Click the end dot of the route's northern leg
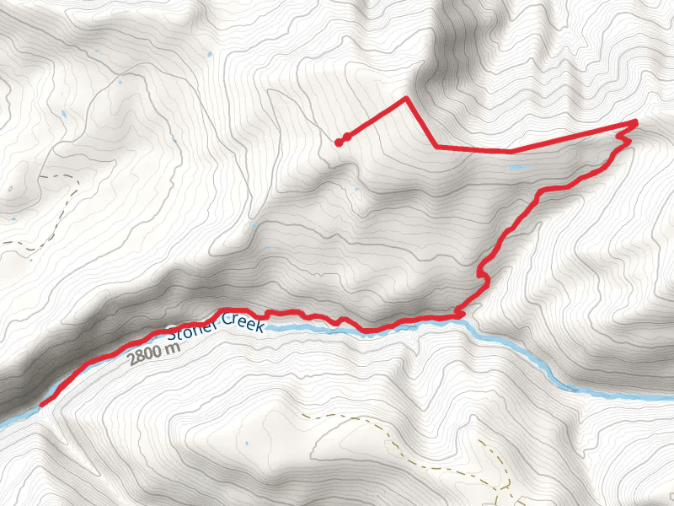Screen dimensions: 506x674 point(339,142)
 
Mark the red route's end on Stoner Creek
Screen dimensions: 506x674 point(41,405)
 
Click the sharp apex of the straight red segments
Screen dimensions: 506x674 point(406,98)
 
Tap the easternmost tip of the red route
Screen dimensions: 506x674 point(635,122)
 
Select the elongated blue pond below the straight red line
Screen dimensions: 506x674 point(518,167)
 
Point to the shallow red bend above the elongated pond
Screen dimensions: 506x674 point(510,152)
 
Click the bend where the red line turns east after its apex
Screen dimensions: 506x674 point(436,148)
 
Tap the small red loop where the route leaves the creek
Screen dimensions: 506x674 point(459,314)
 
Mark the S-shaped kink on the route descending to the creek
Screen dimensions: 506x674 point(483,272)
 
